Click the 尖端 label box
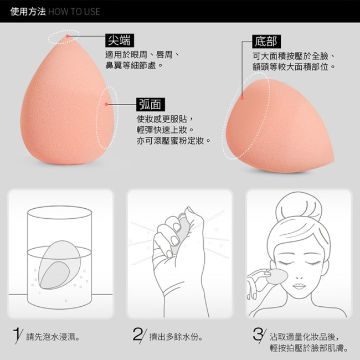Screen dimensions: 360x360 pos(120,40)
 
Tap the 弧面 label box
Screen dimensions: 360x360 pos(151,105)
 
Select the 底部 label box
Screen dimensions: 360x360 pos(266,42)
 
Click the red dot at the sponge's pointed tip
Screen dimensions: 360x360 pos(68,36)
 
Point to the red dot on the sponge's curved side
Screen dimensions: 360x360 pos(106,104)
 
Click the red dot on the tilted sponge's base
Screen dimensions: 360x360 pos(242,98)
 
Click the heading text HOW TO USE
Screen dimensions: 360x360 pos(74,12)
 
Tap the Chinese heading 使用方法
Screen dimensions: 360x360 pos(28,12)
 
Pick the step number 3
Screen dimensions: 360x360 pos(259,335)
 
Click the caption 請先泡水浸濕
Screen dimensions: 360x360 pos(53,337)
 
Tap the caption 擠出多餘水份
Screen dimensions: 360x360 pos(176,337)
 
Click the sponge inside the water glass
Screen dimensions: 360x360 pos(59,265)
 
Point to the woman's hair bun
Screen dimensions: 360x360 pos(299,209)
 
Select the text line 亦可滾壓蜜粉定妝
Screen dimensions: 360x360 pos(173,141)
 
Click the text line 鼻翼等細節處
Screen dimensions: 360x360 pos(134,66)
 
